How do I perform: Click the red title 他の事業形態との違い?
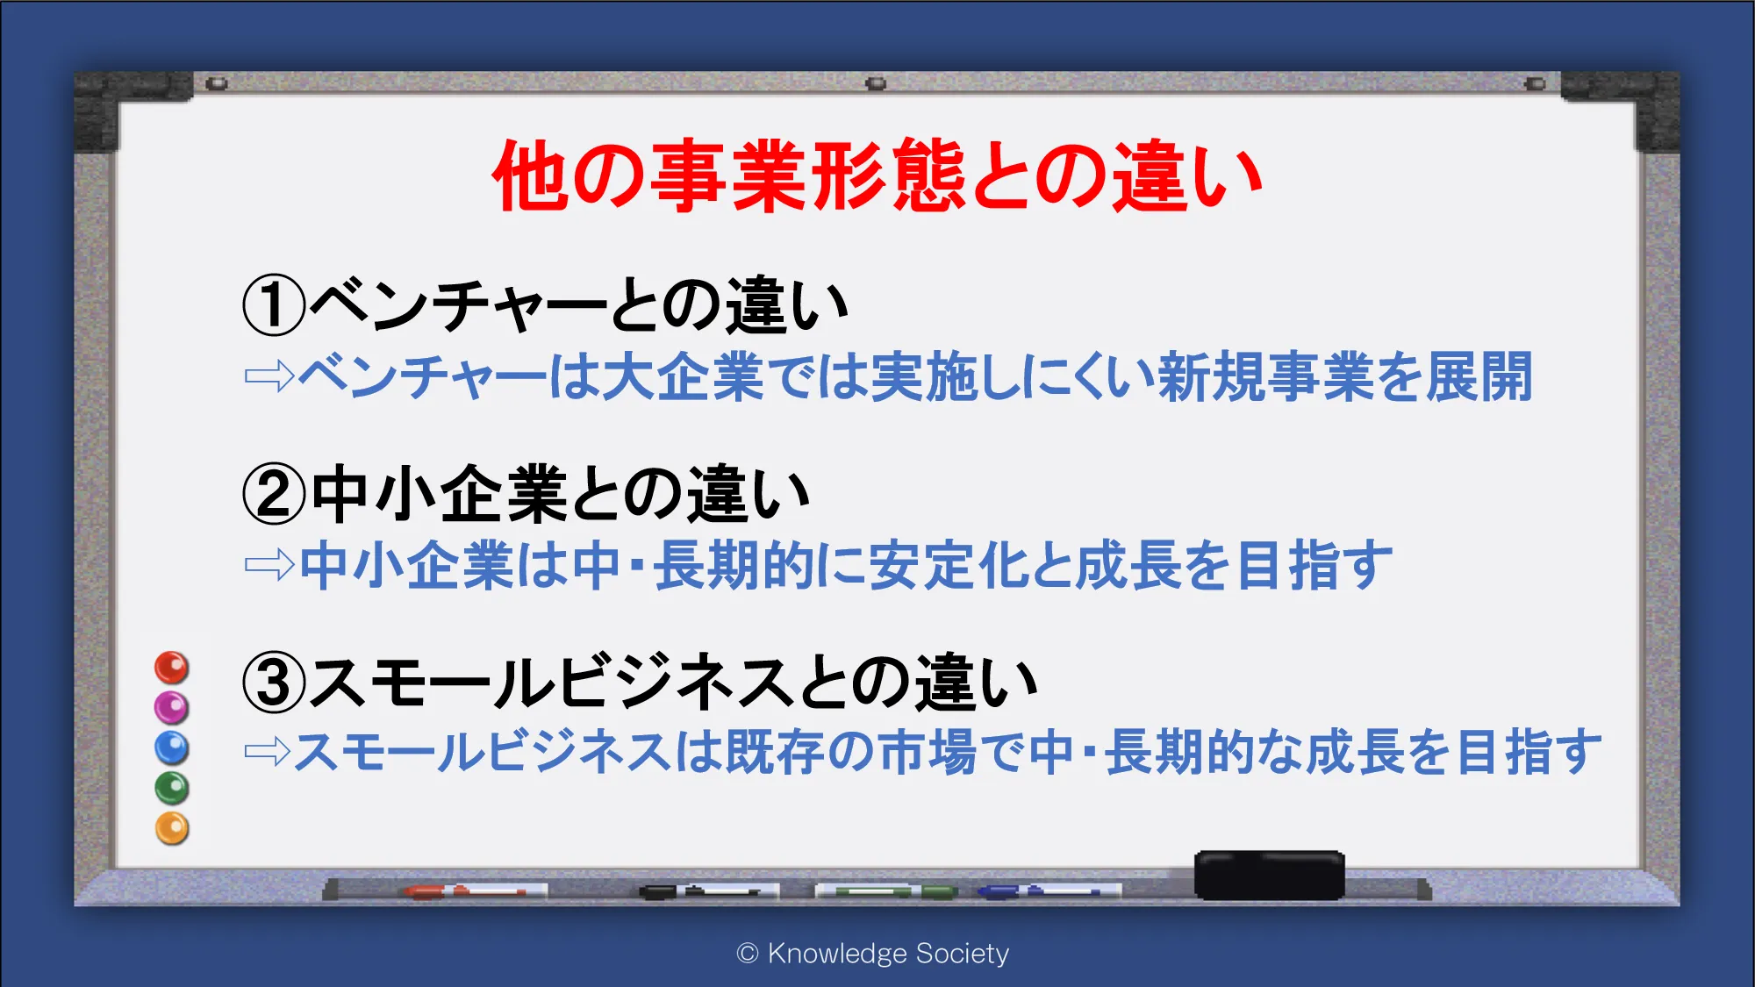(x=877, y=175)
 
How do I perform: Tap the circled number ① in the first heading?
(x=274, y=305)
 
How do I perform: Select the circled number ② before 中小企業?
(x=274, y=494)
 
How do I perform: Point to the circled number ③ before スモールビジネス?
(x=274, y=683)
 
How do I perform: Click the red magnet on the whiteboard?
(x=172, y=668)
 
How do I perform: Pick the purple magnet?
(x=172, y=707)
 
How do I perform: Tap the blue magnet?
(x=172, y=747)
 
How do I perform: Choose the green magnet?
(x=172, y=788)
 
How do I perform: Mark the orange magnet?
(x=172, y=828)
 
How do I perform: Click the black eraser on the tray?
(x=1270, y=875)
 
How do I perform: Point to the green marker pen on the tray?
(x=886, y=891)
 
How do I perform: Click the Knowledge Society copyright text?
(x=873, y=954)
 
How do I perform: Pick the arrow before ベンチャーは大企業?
(x=269, y=376)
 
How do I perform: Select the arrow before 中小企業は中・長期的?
(x=269, y=565)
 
